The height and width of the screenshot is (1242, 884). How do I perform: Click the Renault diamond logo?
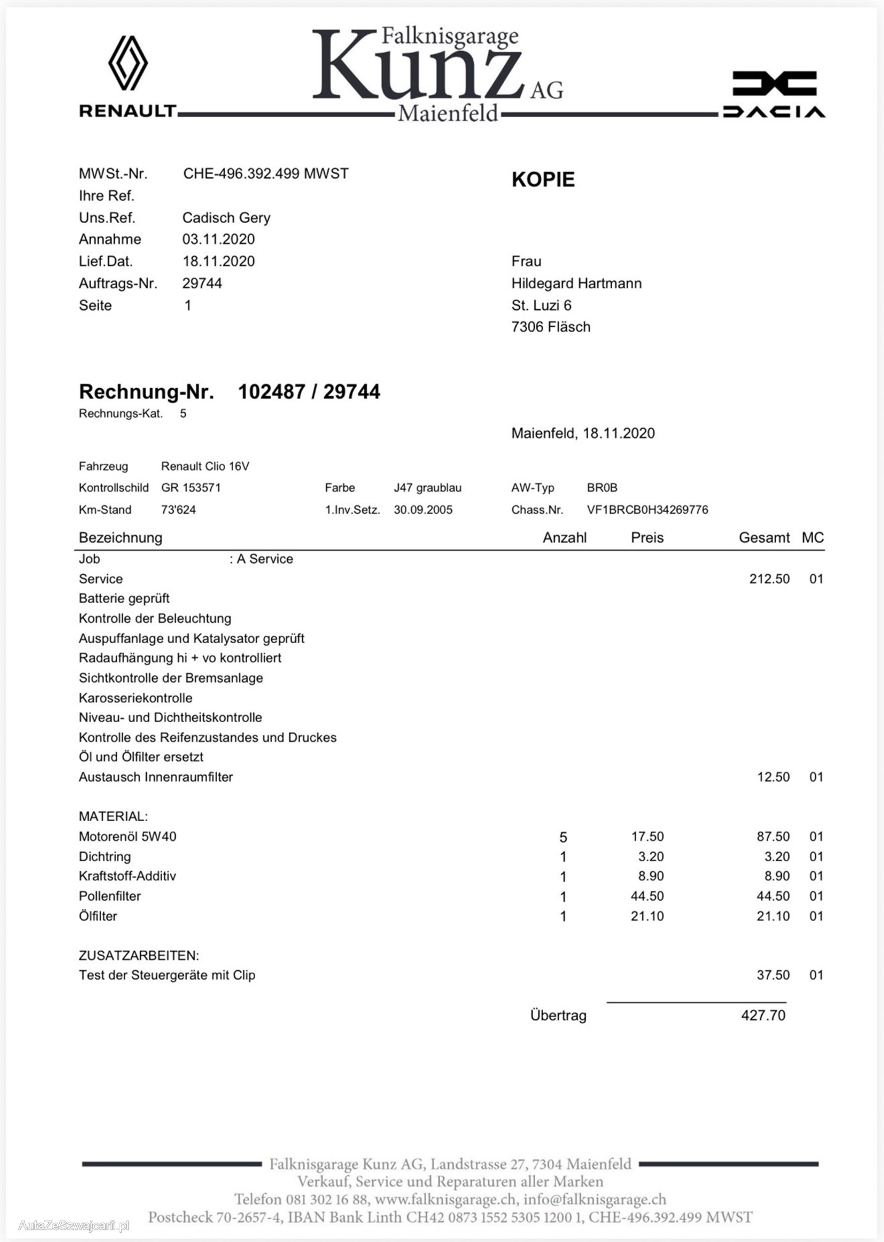coord(128,63)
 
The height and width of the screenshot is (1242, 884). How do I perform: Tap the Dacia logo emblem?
coord(774,84)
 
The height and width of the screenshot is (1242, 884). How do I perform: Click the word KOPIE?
coord(542,179)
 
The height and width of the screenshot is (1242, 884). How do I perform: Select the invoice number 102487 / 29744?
coord(309,392)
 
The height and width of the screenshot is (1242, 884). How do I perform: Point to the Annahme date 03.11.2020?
coord(218,239)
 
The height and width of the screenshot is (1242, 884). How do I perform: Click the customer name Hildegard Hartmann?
coord(576,283)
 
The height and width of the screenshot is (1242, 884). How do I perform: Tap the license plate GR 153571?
coord(190,488)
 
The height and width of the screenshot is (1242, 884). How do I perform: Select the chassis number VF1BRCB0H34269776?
coord(647,510)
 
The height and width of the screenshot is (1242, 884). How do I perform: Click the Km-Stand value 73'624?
coord(178,510)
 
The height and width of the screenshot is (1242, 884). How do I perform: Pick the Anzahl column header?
coord(564,538)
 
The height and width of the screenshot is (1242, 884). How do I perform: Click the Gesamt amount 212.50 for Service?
coord(769,579)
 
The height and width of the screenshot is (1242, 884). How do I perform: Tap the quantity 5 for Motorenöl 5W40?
coord(563,837)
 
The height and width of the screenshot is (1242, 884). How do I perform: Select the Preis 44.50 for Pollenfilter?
coord(647,896)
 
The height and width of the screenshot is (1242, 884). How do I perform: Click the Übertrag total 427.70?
coord(763,1015)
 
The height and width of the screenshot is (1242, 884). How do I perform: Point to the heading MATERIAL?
coord(113,817)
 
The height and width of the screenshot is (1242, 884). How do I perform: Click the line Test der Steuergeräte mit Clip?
coord(166,975)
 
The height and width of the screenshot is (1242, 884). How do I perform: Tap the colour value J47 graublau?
coord(427,488)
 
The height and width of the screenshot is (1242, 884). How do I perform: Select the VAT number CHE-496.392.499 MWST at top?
coord(266,174)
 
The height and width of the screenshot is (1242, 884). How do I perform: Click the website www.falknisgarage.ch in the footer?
coord(445,1199)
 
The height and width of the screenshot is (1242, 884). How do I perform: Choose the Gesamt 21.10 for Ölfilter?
coord(772,916)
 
